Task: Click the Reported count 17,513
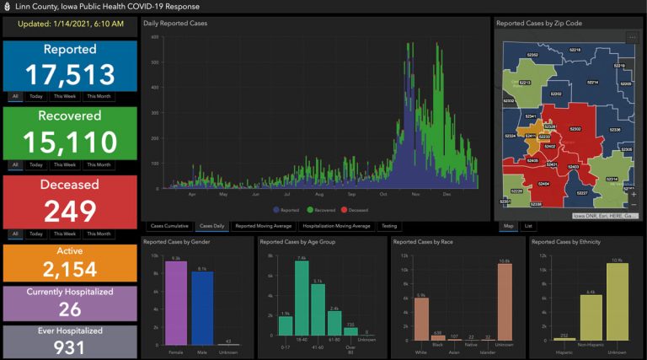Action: pyautogui.click(x=69, y=75)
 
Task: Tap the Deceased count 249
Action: pyautogui.click(x=69, y=211)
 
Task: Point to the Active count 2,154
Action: pyautogui.click(x=69, y=269)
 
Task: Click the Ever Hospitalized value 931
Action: pyautogui.click(x=69, y=347)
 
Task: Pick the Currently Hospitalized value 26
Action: pyautogui.click(x=69, y=309)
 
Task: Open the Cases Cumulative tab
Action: pyautogui.click(x=168, y=226)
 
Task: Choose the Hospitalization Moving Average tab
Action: pyautogui.click(x=336, y=226)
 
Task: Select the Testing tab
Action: pyautogui.click(x=389, y=226)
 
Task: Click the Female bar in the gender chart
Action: pyautogui.click(x=176, y=303)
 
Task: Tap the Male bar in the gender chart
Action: pyautogui.click(x=202, y=308)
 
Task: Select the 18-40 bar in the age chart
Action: pyautogui.click(x=302, y=299)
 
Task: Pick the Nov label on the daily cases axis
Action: pyautogui.click(x=415, y=195)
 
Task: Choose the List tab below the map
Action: pyautogui.click(x=528, y=226)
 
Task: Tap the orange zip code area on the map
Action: pyautogui.click(x=532, y=139)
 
